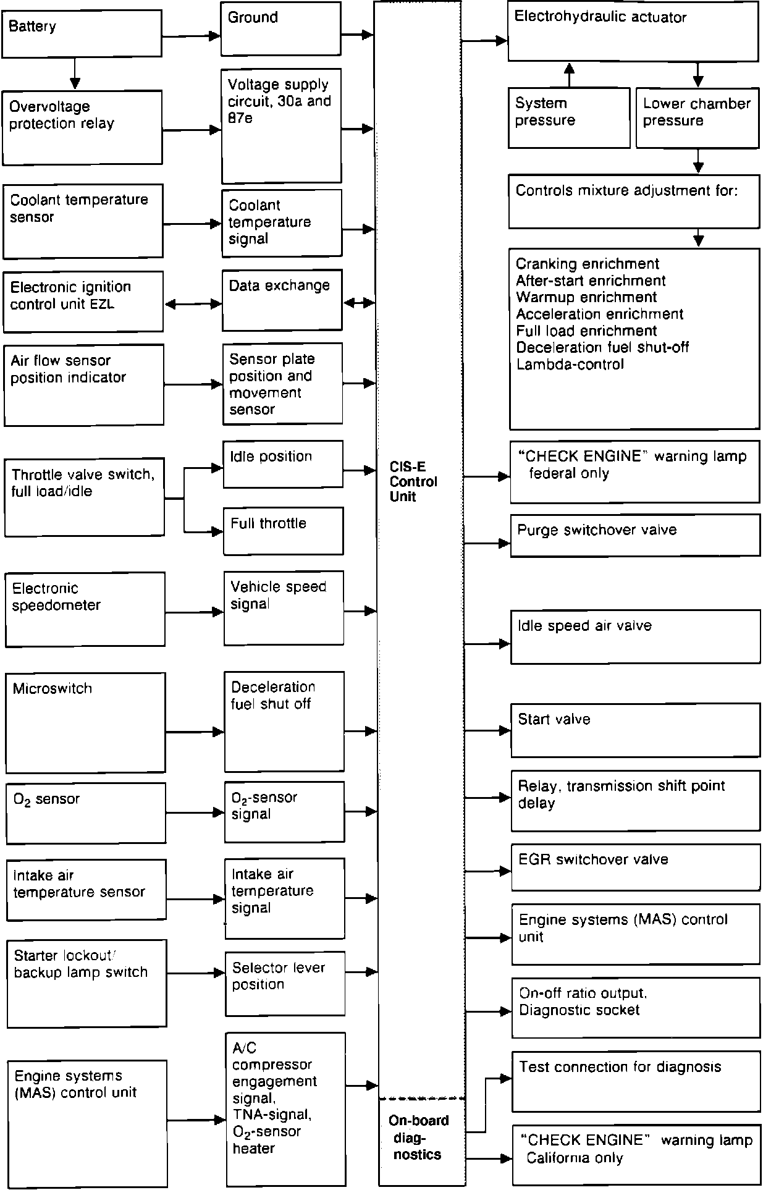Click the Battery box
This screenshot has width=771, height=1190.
click(x=82, y=33)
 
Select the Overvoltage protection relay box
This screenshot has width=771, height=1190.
click(x=82, y=127)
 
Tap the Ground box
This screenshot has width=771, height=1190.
click(x=280, y=28)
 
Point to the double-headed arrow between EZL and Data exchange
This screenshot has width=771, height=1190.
click(x=193, y=304)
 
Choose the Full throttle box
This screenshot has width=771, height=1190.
click(x=283, y=531)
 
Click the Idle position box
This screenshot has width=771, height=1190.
click(x=282, y=464)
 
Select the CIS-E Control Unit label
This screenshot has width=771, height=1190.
click(x=413, y=482)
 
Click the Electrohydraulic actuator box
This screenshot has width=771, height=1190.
click(x=633, y=31)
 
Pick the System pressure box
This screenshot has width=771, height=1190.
click(x=568, y=117)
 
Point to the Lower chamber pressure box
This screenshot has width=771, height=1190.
click(x=697, y=117)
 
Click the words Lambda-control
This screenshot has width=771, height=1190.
click(x=570, y=365)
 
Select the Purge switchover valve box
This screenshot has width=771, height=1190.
click(x=635, y=535)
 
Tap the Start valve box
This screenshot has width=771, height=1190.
click(x=635, y=730)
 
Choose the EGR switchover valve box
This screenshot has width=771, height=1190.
click(x=636, y=867)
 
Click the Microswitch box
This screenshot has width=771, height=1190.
click(x=86, y=722)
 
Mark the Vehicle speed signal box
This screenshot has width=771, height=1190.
click(x=284, y=608)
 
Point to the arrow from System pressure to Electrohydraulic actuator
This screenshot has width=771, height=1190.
click(x=569, y=74)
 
